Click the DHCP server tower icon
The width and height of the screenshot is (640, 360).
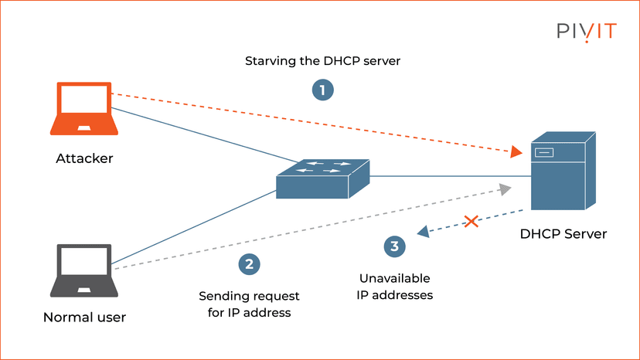(563, 175)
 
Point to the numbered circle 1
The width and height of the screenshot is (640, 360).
(322, 90)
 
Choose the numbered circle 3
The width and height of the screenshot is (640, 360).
(394, 246)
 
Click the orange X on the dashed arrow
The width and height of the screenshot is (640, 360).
(471, 222)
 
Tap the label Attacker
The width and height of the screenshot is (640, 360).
(84, 159)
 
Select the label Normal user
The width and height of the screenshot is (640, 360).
(84, 317)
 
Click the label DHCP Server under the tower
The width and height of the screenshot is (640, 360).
(563, 233)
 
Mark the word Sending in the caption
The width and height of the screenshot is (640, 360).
(222, 296)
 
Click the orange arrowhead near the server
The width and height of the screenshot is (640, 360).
(516, 153)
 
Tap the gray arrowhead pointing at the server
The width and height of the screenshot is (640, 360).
(505, 188)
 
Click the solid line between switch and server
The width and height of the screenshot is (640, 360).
(448, 177)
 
